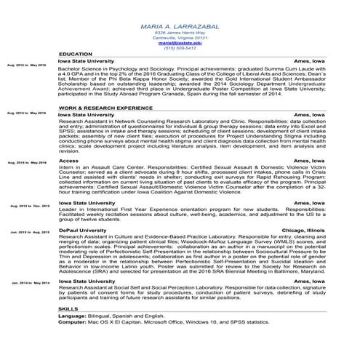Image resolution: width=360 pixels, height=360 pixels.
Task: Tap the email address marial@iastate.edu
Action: pyautogui.click(x=180, y=43)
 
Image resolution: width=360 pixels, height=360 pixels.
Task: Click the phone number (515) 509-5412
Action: pyautogui.click(x=180, y=48)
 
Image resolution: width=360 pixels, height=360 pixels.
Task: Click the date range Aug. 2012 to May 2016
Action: pyautogui.click(x=26, y=65)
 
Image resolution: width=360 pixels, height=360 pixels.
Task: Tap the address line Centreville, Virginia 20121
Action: pyautogui.click(x=180, y=38)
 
